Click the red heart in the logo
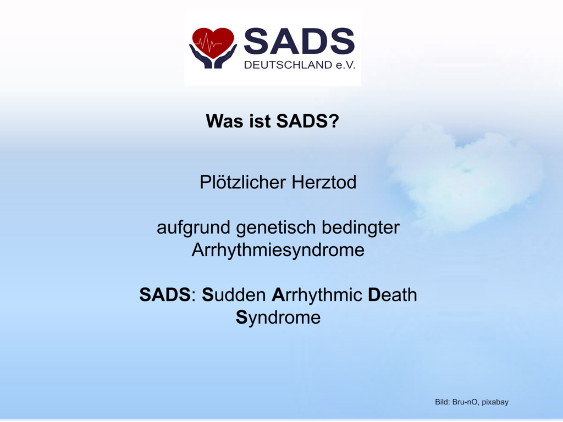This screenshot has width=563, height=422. (213, 42)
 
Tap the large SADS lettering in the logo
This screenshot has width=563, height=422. (299, 41)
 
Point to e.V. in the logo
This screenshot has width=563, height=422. (345, 65)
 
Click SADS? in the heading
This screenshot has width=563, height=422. (307, 121)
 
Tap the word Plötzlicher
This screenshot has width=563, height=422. (242, 182)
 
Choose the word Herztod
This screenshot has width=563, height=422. (324, 182)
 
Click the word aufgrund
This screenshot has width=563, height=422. (194, 228)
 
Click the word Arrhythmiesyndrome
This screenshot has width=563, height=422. (278, 250)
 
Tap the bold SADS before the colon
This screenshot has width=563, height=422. (165, 295)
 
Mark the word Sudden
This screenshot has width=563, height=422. (234, 295)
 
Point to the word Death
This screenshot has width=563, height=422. (393, 295)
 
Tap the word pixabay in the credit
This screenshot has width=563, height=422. (495, 402)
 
